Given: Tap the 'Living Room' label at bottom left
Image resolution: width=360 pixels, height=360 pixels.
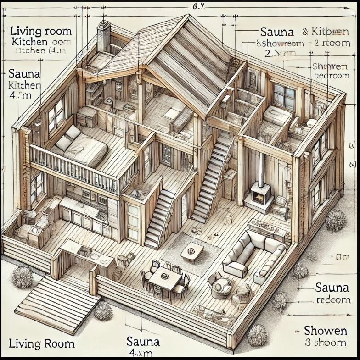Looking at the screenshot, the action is click(x=41, y=343).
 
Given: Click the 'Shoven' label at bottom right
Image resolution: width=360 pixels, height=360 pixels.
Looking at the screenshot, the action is click(x=325, y=330).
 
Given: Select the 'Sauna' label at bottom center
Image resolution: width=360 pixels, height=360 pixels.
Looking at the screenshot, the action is click(x=143, y=341).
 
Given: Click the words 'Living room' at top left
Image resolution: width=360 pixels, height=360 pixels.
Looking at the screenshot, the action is click(x=40, y=31).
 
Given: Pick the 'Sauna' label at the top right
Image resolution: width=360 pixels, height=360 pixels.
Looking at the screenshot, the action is click(x=276, y=32).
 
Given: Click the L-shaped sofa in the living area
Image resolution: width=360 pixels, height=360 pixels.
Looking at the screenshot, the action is click(x=253, y=255).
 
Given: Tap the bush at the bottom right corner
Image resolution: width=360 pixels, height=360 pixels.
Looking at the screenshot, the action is click(x=257, y=335).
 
